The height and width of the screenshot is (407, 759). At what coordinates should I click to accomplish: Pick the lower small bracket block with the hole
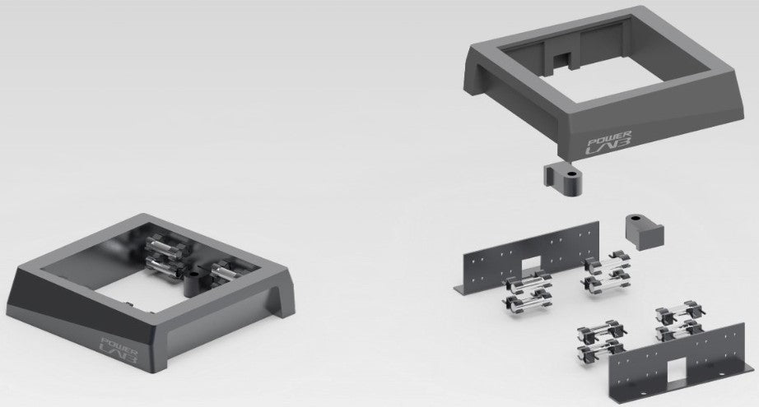(x=644, y=230)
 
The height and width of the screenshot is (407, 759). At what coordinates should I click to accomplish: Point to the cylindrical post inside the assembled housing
(x=193, y=282)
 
